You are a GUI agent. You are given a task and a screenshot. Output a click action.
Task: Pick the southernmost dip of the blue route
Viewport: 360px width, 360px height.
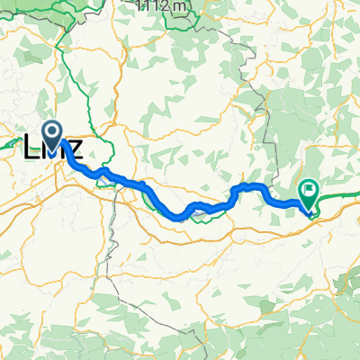[x=180, y=217]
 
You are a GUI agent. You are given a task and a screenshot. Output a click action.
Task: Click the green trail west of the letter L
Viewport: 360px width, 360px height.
[x=13, y=135]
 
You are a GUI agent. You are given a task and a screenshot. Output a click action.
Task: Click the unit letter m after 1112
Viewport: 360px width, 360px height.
[x=182, y=6]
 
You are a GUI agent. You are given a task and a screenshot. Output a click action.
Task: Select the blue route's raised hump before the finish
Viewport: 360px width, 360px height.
[x=252, y=186]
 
